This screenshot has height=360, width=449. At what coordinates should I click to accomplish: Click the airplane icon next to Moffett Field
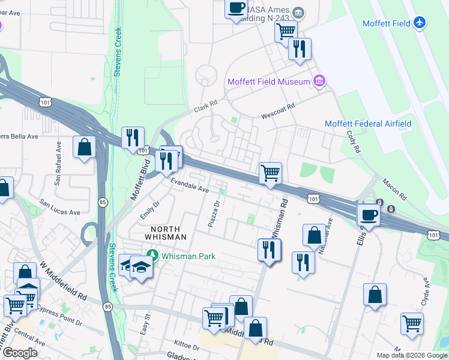[x=420, y=23]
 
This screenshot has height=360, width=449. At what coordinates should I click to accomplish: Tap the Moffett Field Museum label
[x=268, y=82]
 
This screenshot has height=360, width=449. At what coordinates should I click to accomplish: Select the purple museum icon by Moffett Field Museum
[x=319, y=81]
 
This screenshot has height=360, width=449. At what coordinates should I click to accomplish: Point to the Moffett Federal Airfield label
[x=367, y=124]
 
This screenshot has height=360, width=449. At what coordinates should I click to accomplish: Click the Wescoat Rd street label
[x=278, y=110]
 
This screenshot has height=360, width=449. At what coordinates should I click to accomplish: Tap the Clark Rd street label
[x=205, y=107]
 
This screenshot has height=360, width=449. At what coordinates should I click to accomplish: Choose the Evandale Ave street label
[x=189, y=187]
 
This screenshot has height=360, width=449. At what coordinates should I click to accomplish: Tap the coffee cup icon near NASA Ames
[x=236, y=8]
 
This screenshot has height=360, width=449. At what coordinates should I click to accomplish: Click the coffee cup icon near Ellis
[x=368, y=214]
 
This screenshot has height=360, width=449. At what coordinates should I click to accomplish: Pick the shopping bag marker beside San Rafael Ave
[x=85, y=147]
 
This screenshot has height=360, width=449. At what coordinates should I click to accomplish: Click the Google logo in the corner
[x=19, y=353]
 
